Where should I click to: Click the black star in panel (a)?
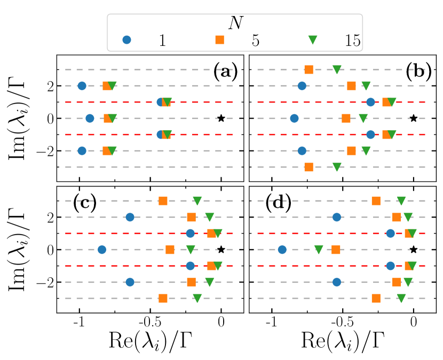pos(221,118)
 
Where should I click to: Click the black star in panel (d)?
pos(413,249)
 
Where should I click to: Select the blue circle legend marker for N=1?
pos(126,39)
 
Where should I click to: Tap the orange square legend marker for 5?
pos(219,39)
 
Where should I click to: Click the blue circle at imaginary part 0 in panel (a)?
pos(90,118)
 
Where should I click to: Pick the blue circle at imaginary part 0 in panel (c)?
pos(101,249)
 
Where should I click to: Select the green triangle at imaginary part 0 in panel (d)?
pos(319,249)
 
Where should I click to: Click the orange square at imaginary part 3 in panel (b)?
pos(308,69)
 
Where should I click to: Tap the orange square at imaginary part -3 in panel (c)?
pos(163,298)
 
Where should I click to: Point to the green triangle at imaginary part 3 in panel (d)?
pos(401,201)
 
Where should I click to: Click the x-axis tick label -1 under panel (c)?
pos(79,323)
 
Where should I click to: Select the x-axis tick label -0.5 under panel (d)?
pos(342,323)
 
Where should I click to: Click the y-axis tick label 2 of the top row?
pos(49,86)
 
